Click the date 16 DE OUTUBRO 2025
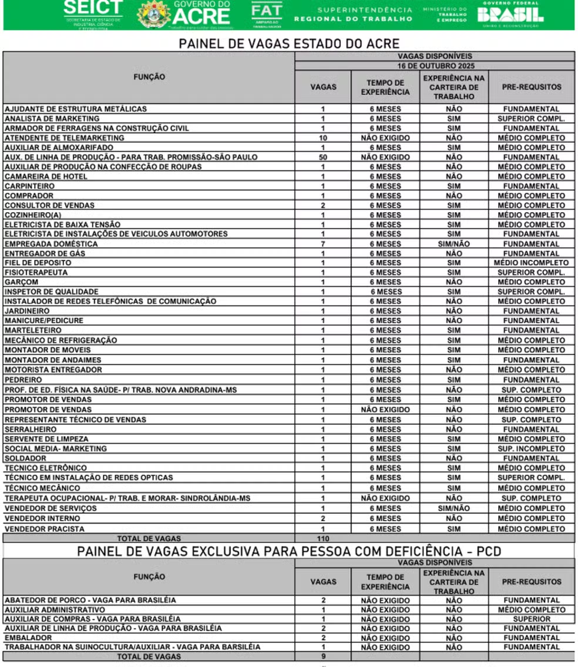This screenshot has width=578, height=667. [435, 66]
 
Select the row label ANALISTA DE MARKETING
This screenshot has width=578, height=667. [43, 119]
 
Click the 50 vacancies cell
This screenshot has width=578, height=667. [323, 157]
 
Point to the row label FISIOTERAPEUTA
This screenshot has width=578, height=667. [36, 273]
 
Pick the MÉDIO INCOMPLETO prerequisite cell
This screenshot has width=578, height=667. [532, 263]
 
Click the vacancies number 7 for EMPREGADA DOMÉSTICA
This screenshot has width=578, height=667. [323, 244]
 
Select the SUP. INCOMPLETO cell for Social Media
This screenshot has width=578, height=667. [532, 449]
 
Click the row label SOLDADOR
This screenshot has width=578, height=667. [25, 458]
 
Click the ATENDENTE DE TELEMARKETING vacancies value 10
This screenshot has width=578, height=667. [323, 138]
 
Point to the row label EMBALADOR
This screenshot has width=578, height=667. [28, 638]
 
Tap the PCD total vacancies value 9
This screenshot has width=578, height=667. [323, 656]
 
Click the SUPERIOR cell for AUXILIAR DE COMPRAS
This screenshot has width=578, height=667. [532, 619]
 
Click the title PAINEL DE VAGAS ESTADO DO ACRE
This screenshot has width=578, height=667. [289, 44]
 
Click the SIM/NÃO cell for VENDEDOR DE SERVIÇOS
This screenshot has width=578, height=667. [453, 508]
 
